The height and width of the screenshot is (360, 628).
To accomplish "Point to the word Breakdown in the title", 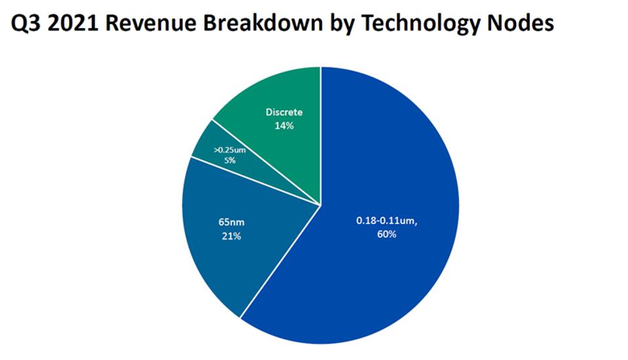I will (261, 24).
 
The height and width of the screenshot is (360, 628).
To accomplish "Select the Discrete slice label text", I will (284, 113).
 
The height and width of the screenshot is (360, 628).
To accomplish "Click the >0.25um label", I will (229, 151).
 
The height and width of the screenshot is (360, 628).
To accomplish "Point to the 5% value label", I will (229, 160).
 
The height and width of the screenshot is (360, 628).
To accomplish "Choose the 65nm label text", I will (231, 223).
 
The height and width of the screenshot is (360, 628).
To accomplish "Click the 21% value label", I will (231, 236).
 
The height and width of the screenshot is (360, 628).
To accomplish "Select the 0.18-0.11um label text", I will (386, 222).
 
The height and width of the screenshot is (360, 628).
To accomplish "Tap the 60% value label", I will (386, 234).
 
